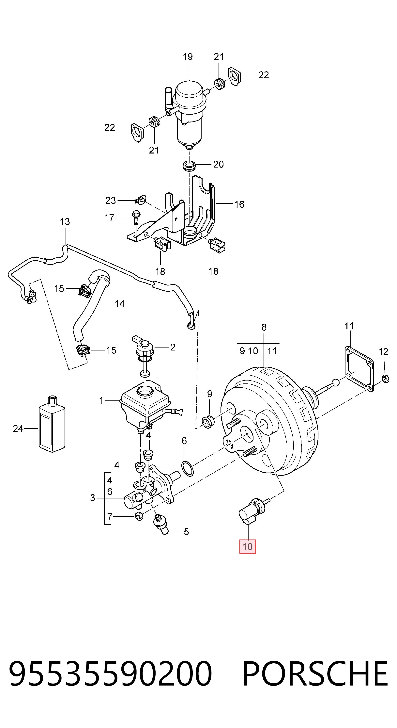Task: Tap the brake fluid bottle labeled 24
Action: tap(52, 424)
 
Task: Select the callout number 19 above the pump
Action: tap(188, 57)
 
